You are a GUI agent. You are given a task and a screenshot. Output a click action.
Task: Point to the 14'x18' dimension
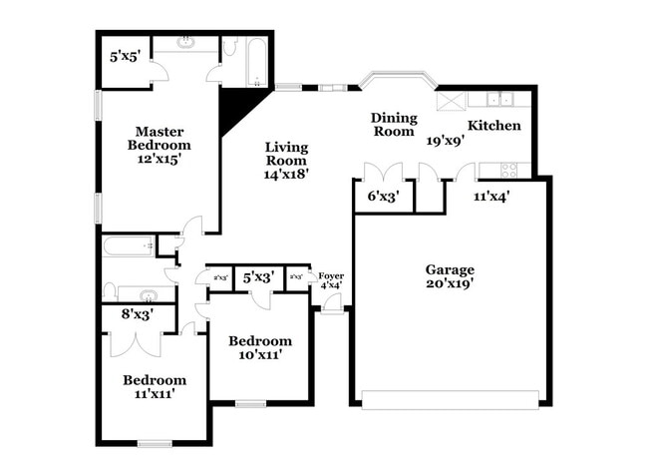point(285,173)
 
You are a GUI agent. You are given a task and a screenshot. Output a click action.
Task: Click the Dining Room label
point(393,124)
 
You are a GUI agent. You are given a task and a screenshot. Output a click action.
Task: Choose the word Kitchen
point(494,126)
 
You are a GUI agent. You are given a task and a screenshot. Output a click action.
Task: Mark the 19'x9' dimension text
point(444,141)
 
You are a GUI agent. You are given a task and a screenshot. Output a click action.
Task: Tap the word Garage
point(450,269)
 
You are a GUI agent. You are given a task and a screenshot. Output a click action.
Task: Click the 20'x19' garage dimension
point(450,282)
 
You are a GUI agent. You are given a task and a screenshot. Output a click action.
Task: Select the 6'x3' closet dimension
point(384,197)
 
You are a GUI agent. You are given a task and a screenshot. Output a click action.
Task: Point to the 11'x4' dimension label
point(490,197)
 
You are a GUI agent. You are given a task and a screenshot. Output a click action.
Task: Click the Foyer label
point(330,274)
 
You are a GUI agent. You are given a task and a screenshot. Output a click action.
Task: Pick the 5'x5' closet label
point(126,57)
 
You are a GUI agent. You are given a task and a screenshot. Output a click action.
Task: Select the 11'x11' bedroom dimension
point(154,393)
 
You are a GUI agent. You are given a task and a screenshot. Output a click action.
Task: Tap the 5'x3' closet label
point(259,277)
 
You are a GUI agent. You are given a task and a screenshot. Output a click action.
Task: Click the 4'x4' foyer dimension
point(330,285)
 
